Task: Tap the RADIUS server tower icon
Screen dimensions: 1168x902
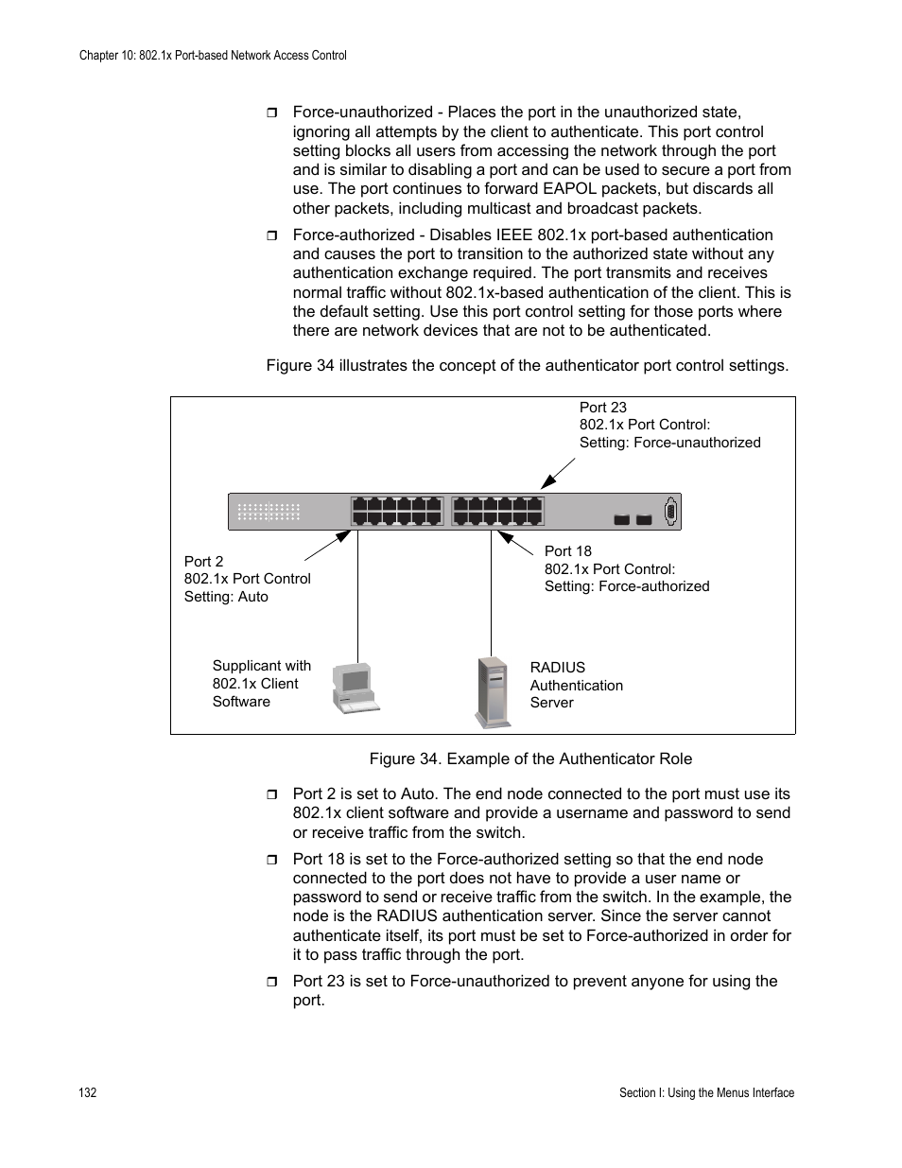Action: point(493,692)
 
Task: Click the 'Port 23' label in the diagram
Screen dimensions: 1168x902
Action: point(602,408)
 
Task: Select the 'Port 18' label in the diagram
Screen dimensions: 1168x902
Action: point(567,551)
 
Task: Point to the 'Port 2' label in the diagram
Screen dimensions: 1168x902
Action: point(203,562)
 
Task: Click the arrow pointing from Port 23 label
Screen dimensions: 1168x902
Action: point(559,472)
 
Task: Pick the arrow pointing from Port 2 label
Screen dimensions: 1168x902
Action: point(327,546)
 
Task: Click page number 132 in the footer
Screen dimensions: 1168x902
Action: point(87,1093)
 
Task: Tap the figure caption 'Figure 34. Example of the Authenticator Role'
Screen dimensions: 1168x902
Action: point(530,758)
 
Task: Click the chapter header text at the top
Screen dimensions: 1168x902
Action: point(213,56)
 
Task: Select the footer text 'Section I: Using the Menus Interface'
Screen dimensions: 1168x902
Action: point(706,1093)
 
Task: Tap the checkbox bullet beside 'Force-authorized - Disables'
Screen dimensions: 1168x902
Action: point(272,235)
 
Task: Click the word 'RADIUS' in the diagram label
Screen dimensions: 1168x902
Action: point(557,668)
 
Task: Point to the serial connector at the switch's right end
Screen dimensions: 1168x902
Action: point(670,512)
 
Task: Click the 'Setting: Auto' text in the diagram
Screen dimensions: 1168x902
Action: point(226,597)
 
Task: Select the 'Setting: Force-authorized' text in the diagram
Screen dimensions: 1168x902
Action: point(626,586)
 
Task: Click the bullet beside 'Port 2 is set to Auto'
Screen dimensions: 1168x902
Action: point(272,794)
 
